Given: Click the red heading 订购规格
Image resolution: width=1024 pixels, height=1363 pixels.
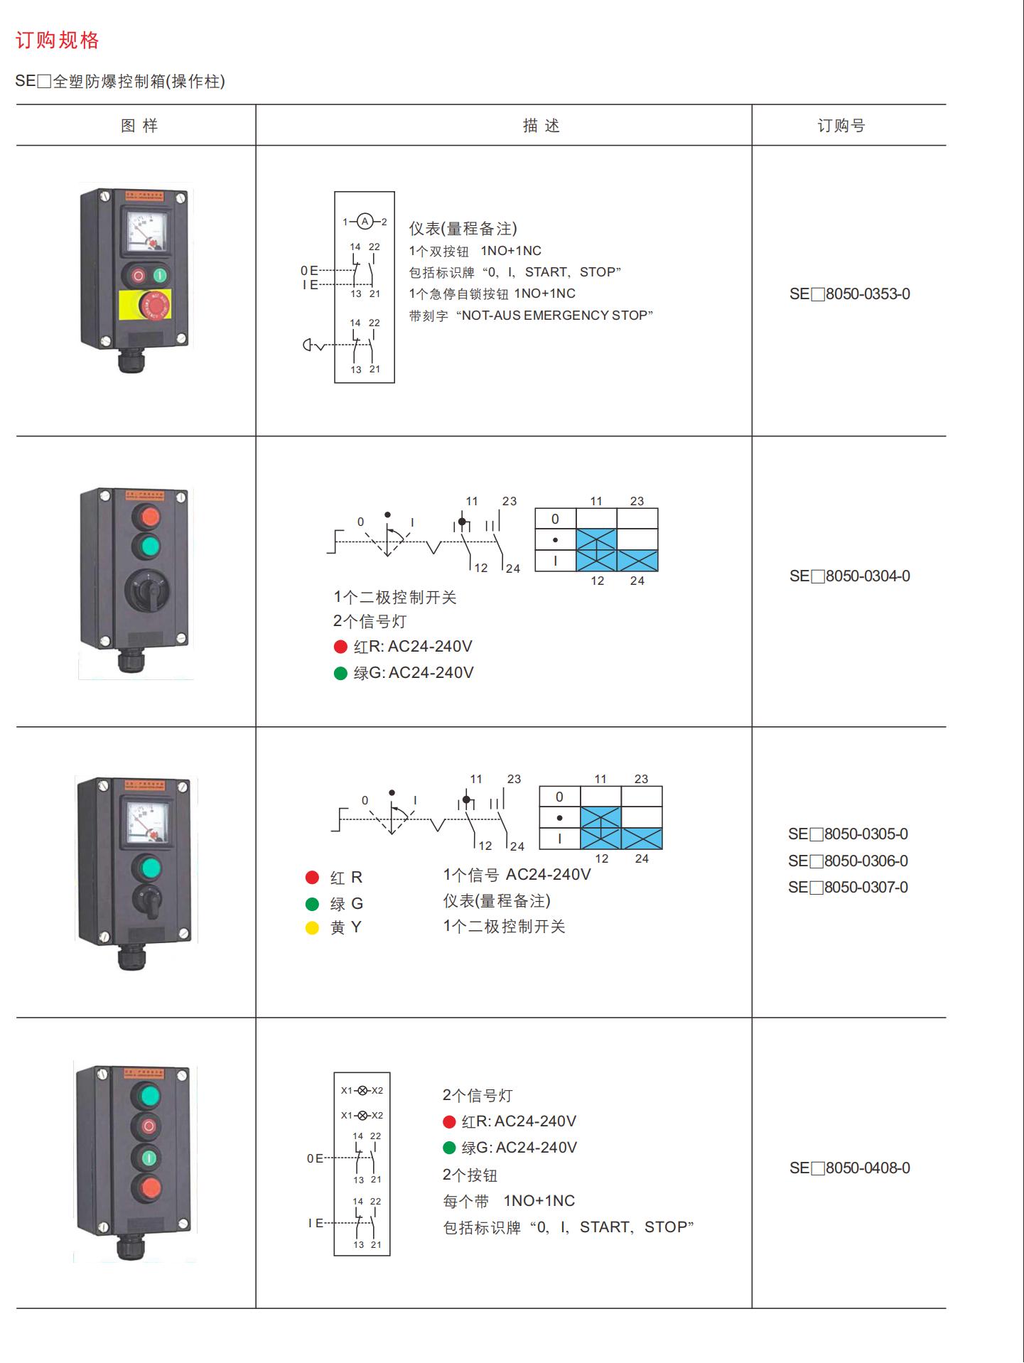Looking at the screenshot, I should click(58, 41).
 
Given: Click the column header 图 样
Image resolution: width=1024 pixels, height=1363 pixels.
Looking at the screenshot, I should click(139, 126).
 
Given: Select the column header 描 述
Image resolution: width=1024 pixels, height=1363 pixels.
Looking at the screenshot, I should click(541, 126).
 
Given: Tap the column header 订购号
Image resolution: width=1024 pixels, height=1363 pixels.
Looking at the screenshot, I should click(841, 126).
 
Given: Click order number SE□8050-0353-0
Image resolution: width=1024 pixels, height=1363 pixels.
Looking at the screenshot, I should click(849, 294).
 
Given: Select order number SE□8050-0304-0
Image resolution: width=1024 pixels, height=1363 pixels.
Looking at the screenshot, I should click(849, 576).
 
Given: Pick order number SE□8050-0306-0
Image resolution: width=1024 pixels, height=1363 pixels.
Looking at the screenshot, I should click(848, 861).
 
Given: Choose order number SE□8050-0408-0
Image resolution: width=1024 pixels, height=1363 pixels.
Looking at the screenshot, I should click(849, 1168).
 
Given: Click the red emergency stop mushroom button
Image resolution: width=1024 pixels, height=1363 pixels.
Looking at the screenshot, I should click(154, 306).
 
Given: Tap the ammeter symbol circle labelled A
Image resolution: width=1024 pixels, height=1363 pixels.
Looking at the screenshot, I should click(365, 222).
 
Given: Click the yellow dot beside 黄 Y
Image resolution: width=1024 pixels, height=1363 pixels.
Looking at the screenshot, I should click(312, 927).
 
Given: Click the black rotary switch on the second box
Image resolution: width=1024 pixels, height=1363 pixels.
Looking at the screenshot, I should click(149, 591).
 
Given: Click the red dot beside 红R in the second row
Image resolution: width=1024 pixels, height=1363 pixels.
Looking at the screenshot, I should click(340, 647).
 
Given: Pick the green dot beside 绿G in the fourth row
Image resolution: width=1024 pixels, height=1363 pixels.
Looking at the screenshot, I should click(449, 1148).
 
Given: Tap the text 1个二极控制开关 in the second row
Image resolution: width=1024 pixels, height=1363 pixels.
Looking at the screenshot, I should click(395, 598).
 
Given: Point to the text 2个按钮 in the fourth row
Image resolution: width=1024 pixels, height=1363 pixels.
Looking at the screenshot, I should click(470, 1175).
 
